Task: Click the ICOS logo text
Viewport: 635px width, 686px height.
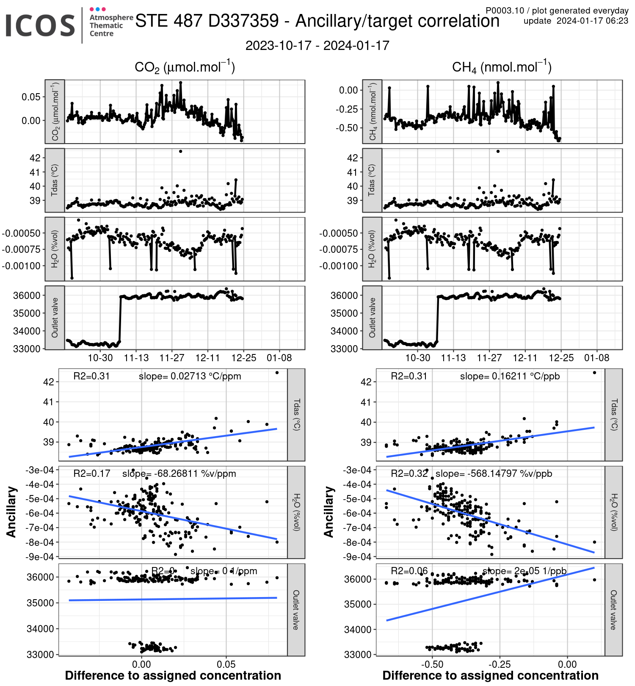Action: click(x=40, y=25)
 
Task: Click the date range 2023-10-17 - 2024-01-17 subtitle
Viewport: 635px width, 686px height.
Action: click(x=317, y=46)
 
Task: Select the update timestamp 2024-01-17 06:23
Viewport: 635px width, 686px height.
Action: click(x=592, y=21)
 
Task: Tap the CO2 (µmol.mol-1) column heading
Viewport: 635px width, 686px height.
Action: click(x=185, y=67)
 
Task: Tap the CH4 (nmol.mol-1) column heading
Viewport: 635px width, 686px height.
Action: click(x=502, y=67)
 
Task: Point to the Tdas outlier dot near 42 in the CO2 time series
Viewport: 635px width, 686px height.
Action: click(x=180, y=151)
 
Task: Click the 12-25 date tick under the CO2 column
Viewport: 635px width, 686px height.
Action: click(x=243, y=358)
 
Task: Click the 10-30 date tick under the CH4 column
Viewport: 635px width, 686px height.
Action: click(x=417, y=358)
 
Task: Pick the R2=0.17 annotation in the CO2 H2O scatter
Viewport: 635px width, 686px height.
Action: click(x=92, y=473)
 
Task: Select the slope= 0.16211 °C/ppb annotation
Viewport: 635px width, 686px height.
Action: click(x=510, y=376)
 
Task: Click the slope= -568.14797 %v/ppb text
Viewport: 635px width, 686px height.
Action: click(x=494, y=473)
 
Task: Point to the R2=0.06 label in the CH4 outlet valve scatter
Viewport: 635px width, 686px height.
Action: click(x=409, y=571)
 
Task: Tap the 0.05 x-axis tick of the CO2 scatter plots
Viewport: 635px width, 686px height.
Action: click(x=226, y=664)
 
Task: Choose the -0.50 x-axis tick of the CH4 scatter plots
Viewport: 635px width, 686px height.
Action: click(x=432, y=664)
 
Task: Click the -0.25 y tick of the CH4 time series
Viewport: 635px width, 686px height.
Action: click(x=348, y=109)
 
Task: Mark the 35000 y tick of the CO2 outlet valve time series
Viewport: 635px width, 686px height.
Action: click(x=27, y=313)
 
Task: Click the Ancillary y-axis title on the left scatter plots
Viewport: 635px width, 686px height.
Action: click(x=11, y=512)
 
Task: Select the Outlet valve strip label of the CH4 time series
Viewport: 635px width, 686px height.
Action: click(x=372, y=318)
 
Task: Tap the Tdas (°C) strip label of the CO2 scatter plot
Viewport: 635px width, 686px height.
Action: click(x=296, y=415)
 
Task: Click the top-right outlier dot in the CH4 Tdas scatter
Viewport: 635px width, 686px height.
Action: click(x=594, y=373)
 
